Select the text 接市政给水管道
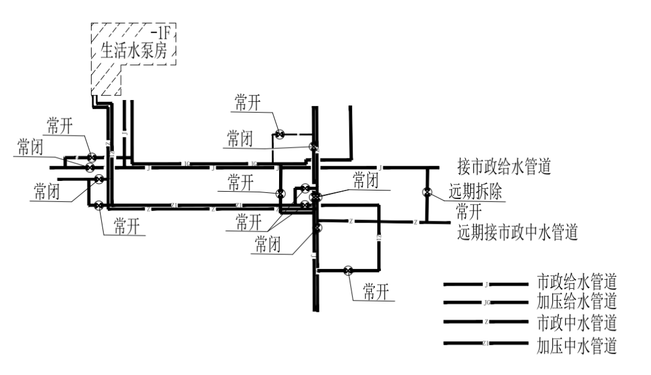tap(505, 166)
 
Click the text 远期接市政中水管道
tap(518, 232)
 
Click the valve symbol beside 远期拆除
tap(427, 193)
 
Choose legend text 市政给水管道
tap(577, 282)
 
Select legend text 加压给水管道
tap(577, 301)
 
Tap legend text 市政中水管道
tap(577, 323)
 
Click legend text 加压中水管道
tap(577, 346)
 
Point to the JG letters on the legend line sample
tap(486, 302)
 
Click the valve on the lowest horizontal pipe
tap(348, 271)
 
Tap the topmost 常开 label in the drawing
tap(247, 103)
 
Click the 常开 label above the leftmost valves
tap(61, 126)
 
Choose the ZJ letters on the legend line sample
tap(485, 344)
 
